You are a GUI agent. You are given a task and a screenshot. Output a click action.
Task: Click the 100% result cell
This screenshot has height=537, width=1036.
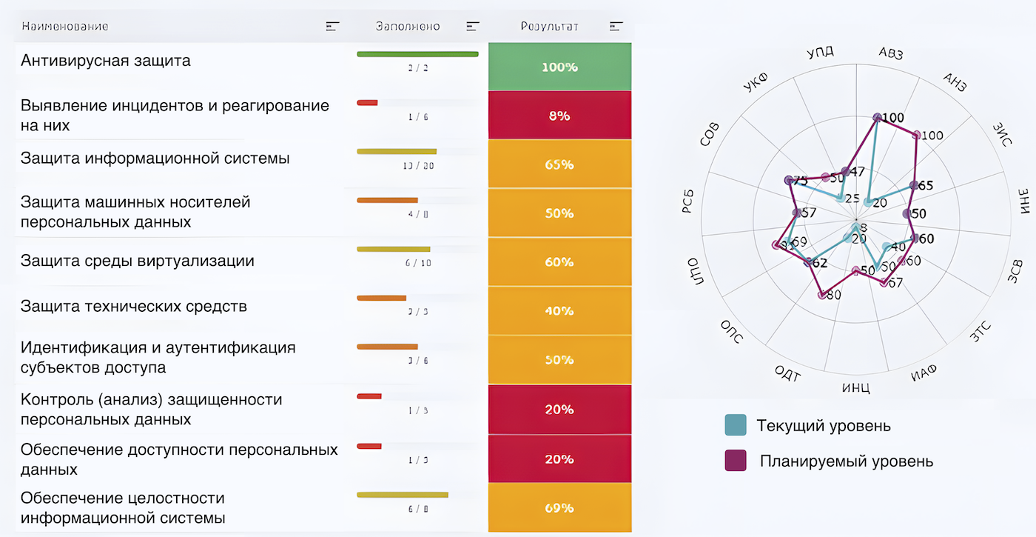pyautogui.click(x=559, y=67)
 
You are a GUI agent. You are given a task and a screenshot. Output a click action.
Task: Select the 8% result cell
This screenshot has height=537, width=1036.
pyautogui.click(x=559, y=116)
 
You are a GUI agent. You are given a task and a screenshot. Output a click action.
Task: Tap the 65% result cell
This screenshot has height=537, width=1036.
pyautogui.click(x=559, y=164)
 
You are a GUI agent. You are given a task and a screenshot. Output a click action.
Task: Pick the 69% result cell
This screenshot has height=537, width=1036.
pyautogui.click(x=559, y=508)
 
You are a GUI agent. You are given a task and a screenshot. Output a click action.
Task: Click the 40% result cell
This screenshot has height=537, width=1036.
pyautogui.click(x=559, y=311)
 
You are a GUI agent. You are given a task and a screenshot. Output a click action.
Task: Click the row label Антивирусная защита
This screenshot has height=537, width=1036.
pyautogui.click(x=106, y=61)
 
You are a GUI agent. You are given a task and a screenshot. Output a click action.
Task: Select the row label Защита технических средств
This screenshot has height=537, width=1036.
pyautogui.click(x=134, y=306)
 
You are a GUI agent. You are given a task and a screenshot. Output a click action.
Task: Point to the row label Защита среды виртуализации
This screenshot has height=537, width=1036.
pyautogui.click(x=138, y=261)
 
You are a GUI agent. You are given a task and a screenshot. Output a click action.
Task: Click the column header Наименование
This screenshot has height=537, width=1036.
pyautogui.click(x=65, y=27)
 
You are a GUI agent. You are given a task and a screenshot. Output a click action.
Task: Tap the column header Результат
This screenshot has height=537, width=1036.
pyautogui.click(x=549, y=27)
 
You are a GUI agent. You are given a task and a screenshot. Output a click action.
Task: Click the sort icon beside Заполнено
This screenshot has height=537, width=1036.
pyautogui.click(x=473, y=27)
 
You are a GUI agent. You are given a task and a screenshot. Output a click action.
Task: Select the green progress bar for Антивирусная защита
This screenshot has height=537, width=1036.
pyautogui.click(x=417, y=54)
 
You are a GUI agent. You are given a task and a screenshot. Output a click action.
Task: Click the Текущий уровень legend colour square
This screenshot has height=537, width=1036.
pyautogui.click(x=736, y=425)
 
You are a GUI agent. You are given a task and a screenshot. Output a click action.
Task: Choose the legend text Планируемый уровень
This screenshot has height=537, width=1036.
pyautogui.click(x=847, y=461)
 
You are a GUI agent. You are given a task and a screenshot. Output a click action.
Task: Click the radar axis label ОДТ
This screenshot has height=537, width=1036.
pyautogui.click(x=788, y=373)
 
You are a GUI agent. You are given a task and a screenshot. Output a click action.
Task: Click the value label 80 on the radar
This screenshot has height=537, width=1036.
pyautogui.click(x=833, y=296)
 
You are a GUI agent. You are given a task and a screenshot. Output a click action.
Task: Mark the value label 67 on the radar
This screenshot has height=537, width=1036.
pyautogui.click(x=895, y=283)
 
